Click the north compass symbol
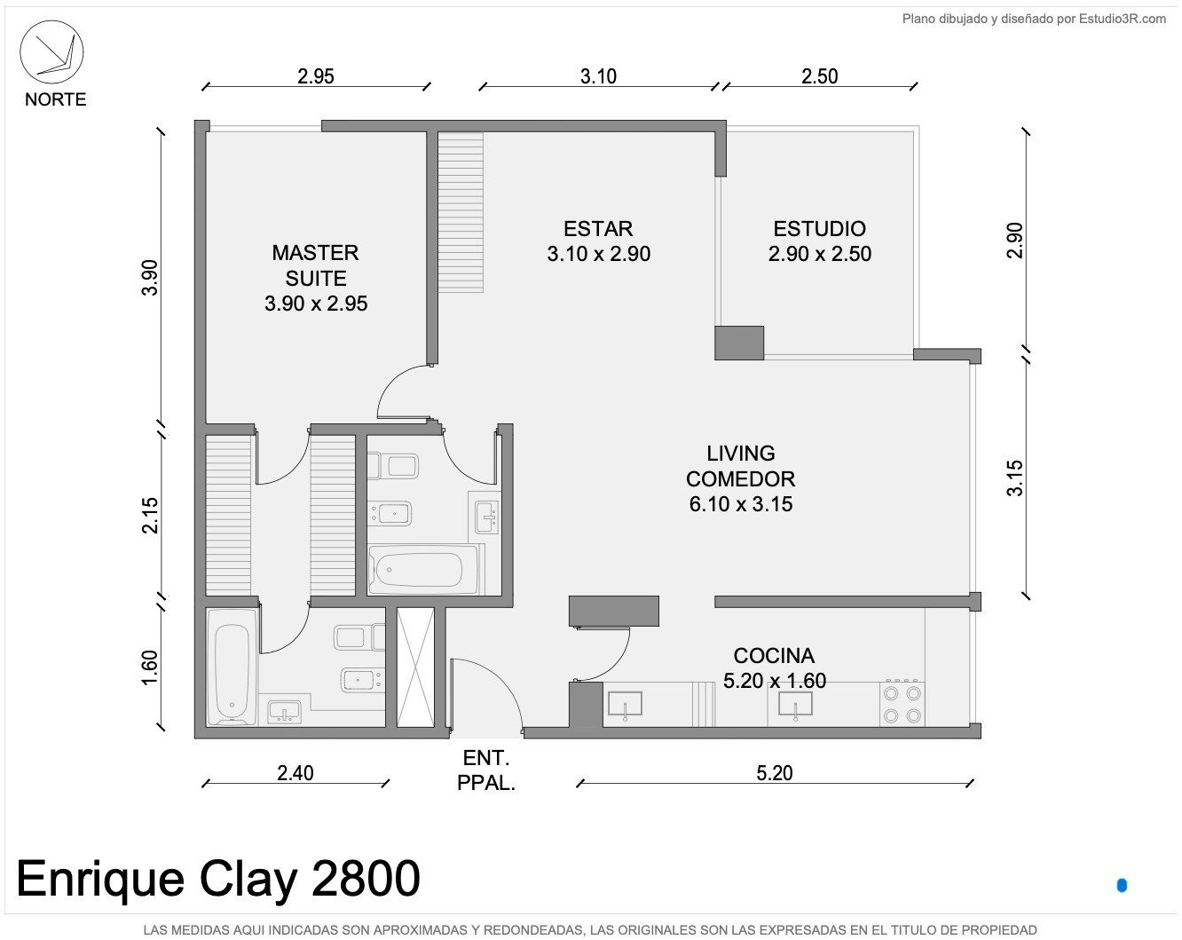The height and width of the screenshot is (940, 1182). pyautogui.click(x=51, y=52)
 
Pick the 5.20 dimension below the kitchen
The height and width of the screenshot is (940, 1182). pyautogui.click(x=775, y=773)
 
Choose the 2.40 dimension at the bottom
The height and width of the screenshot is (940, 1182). pyautogui.click(x=295, y=773)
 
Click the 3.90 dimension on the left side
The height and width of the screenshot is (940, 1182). pyautogui.click(x=149, y=278)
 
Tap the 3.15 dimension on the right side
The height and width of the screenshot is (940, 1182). pyautogui.click(x=1015, y=478)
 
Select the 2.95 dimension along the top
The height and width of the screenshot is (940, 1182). pyautogui.click(x=316, y=75)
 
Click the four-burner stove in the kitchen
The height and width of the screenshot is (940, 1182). pyautogui.click(x=902, y=704)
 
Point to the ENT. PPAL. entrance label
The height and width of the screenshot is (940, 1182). pyautogui.click(x=486, y=770)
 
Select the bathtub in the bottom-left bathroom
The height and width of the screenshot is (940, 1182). pyautogui.click(x=232, y=667)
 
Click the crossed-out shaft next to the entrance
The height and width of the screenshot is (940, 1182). pyautogui.click(x=415, y=667)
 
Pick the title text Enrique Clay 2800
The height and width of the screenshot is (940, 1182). pyautogui.click(x=218, y=878)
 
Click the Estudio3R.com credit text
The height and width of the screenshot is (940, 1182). pyautogui.click(x=1035, y=20)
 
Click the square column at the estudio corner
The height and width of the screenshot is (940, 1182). pyautogui.click(x=738, y=343)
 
